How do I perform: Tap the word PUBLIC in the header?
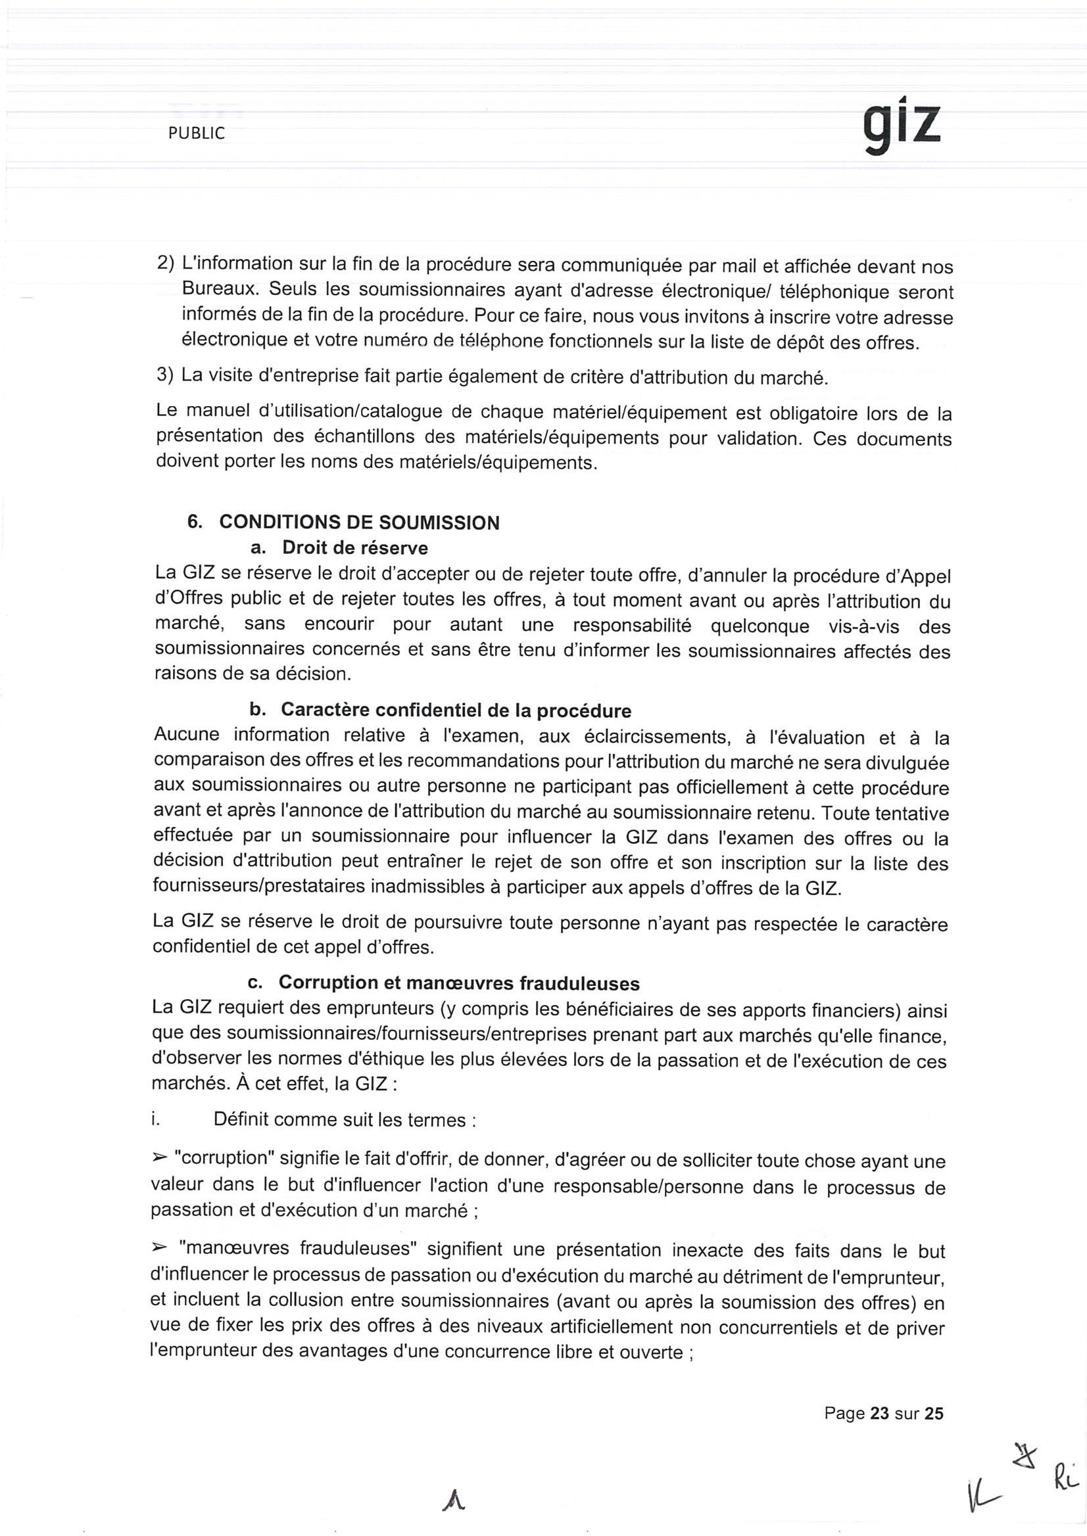pos(197,134)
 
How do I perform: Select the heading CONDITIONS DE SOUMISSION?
pos(359,523)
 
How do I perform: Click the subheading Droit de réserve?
pos(354,548)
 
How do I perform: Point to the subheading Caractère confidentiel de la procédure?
pos(456,710)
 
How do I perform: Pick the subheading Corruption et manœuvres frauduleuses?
pos(459,983)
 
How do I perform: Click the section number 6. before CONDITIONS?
pos(195,523)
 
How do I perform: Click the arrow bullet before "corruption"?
pos(159,1157)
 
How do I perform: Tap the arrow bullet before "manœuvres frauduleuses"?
pos(159,1247)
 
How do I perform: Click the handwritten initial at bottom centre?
pos(453,1505)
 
